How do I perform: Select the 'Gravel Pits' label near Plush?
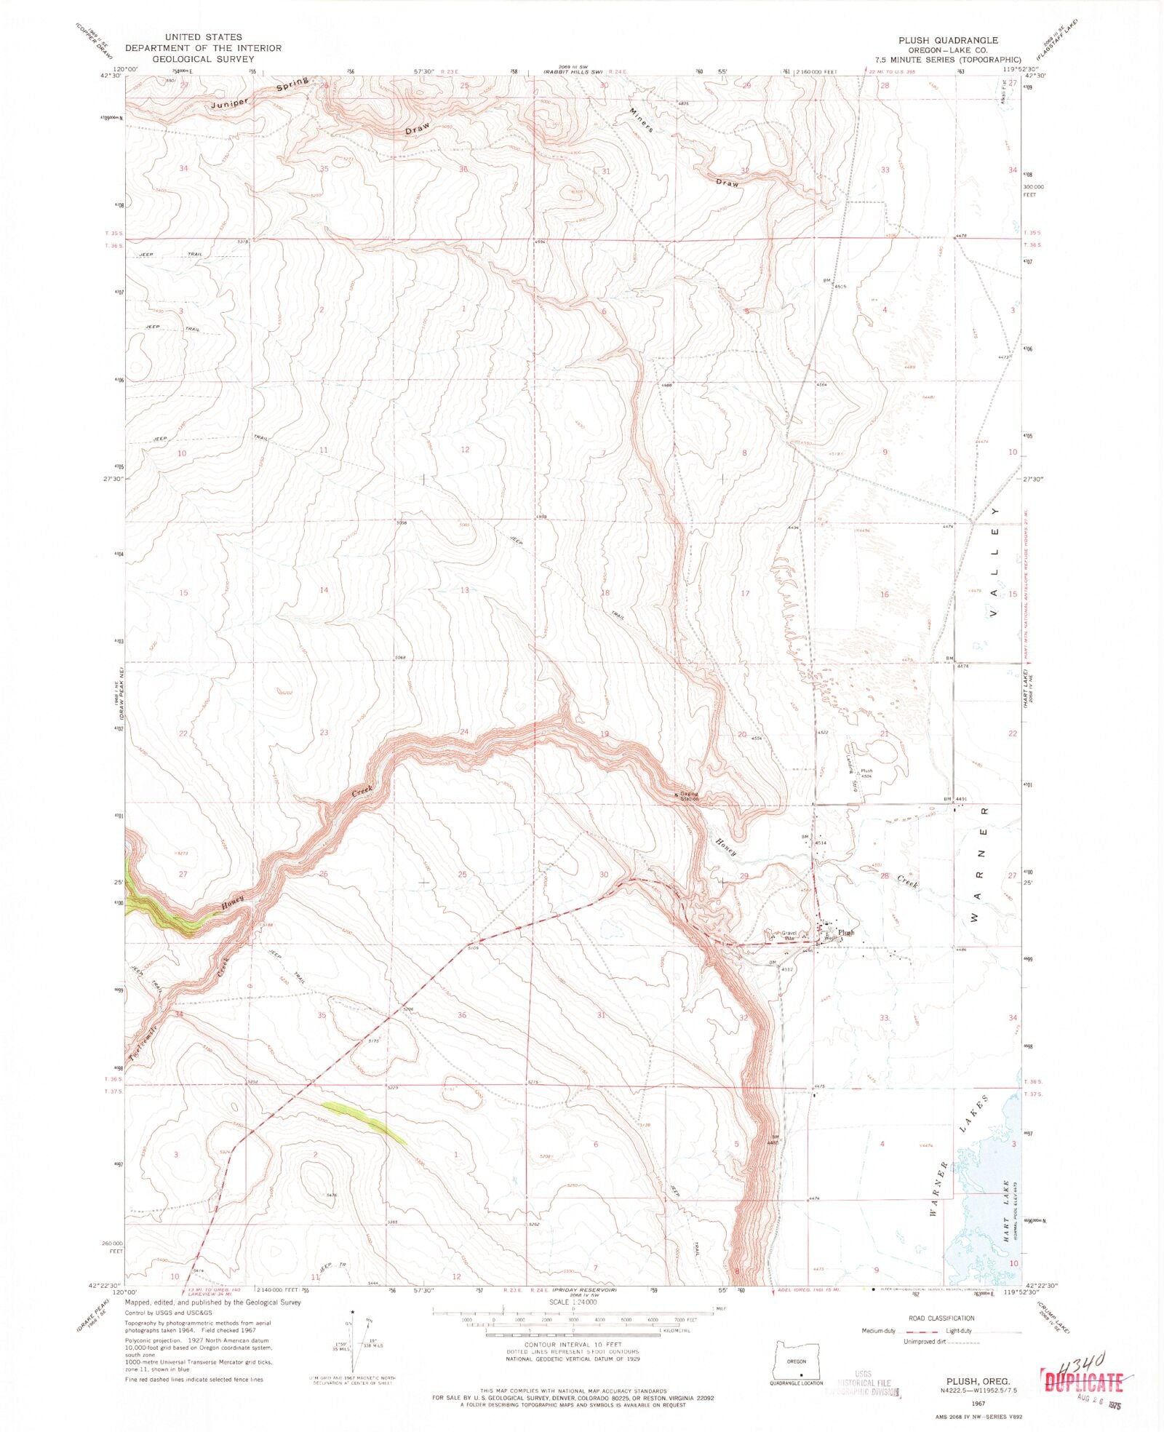point(789,935)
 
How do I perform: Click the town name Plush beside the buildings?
point(845,932)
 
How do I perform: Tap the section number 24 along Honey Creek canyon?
point(463,732)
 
